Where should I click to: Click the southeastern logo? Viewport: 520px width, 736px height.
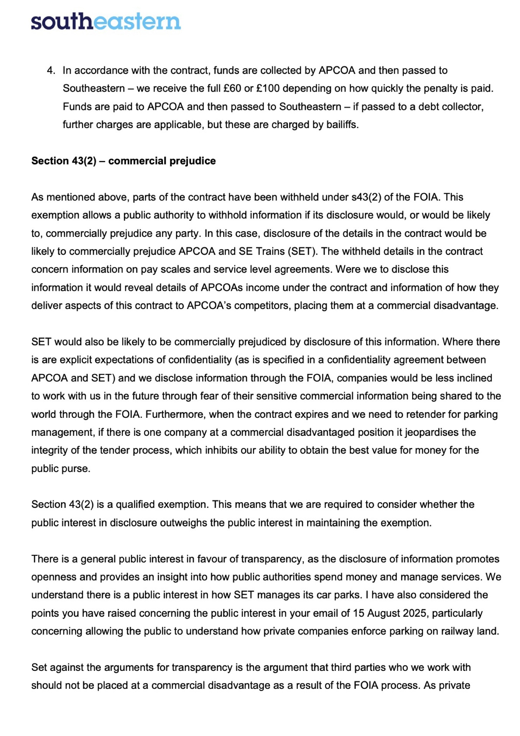pyautogui.click(x=105, y=21)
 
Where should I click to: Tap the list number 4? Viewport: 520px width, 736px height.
pyautogui.click(x=51, y=71)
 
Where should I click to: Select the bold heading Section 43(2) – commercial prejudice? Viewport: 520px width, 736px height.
pyautogui.click(x=123, y=161)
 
